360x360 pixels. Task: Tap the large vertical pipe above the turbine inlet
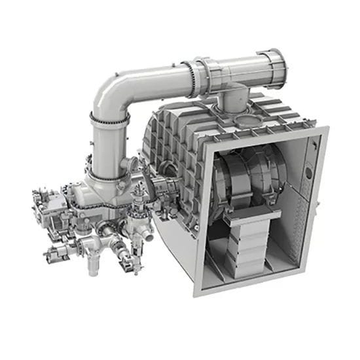click(x=105, y=147)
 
